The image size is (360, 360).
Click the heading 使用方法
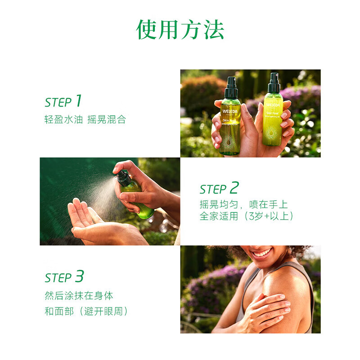coord(180,30)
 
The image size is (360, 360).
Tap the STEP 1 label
coord(63,101)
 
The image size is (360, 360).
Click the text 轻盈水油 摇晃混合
coord(85,121)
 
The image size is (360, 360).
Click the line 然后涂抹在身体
coord(79,296)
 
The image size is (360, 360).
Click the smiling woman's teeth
coord(263,253)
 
